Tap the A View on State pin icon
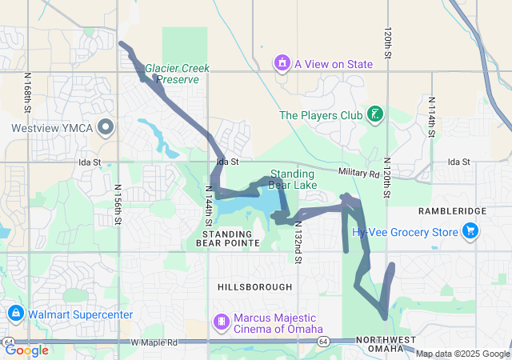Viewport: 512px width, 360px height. click(282, 63)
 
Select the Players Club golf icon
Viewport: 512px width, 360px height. click(375, 115)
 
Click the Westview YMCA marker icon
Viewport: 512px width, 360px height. click(105, 127)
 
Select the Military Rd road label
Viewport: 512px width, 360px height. click(357, 173)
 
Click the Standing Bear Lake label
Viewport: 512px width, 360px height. click(293, 179)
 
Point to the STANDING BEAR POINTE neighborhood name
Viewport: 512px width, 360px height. click(228, 237)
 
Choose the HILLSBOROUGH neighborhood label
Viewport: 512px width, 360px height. click(254, 286)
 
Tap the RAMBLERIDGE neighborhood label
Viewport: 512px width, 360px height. click(453, 210)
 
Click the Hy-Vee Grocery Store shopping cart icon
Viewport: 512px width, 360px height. click(470, 232)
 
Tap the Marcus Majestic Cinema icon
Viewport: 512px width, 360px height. click(221, 322)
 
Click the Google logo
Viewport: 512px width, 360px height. click(26, 350)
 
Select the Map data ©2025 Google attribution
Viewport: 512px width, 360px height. click(462, 354)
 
